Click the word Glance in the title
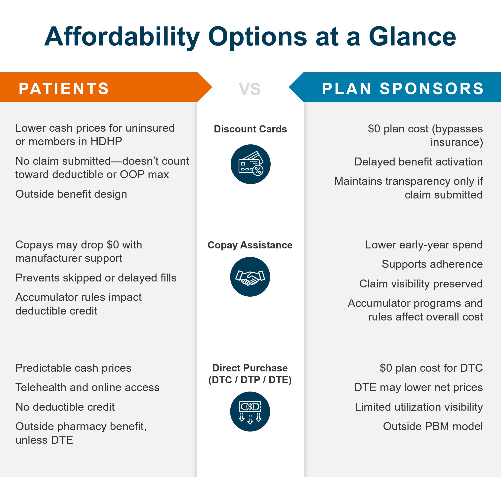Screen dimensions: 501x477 pos(412,37)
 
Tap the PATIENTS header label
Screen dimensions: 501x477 pos(64,88)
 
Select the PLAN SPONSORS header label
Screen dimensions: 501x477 pos(403,88)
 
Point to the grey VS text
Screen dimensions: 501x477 pos(250,89)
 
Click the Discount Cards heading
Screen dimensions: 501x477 pos(250,129)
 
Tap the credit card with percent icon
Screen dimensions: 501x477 pos(250,164)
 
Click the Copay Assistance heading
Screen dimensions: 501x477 pos(250,245)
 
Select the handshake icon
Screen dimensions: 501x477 pos(250,277)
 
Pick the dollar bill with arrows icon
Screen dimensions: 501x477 pos(250,411)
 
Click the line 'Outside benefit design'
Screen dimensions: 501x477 pos(71,194)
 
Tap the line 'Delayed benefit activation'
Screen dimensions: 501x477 pos(418,162)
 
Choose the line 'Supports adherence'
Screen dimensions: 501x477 pos(432,264)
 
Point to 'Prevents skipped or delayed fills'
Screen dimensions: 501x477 pos(96,278)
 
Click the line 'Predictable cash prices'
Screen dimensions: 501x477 pos(74,368)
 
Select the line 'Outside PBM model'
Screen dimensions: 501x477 pos(433,426)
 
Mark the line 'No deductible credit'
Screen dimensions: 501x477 pos(65,407)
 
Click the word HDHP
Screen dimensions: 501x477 pos(106,141)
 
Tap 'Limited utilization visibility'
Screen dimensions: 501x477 pos(418,407)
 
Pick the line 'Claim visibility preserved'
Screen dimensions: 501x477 pos(421,283)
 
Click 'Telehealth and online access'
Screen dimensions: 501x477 pos(87,387)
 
